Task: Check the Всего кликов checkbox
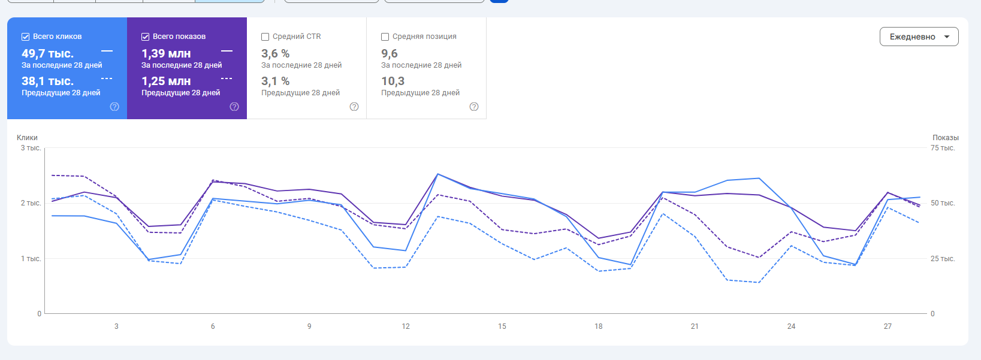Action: (x=26, y=37)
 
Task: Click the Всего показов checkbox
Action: (x=146, y=37)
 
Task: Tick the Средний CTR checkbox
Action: (x=265, y=37)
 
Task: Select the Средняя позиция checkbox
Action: (x=385, y=37)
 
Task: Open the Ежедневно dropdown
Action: (x=919, y=37)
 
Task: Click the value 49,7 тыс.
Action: (x=47, y=53)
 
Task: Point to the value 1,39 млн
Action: (x=166, y=53)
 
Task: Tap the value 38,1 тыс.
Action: (x=47, y=81)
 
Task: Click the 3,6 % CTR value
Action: (x=275, y=53)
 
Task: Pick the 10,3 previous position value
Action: (x=393, y=81)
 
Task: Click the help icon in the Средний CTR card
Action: (x=354, y=107)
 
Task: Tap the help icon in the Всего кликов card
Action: (x=114, y=107)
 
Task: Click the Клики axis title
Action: (x=27, y=138)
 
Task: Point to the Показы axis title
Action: (x=945, y=138)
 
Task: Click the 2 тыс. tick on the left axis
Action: (x=31, y=203)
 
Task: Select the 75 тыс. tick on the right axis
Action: (x=943, y=148)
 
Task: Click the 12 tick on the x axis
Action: (x=406, y=326)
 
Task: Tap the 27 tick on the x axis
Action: (x=888, y=326)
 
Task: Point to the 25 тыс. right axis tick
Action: (x=943, y=259)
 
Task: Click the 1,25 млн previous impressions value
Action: (x=166, y=81)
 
